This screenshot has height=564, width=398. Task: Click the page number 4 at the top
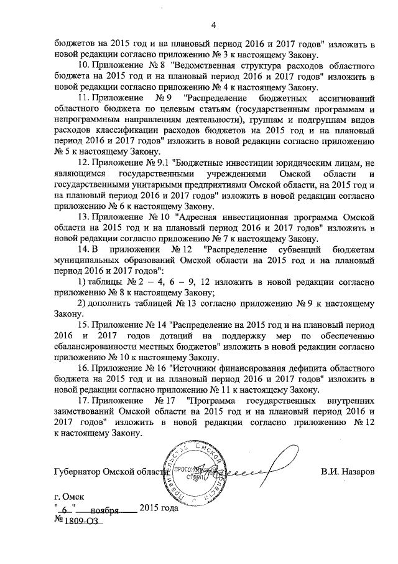[213, 25]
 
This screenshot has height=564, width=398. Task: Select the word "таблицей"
[149, 304]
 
